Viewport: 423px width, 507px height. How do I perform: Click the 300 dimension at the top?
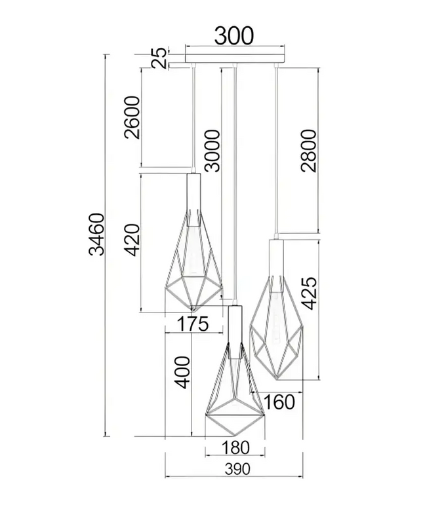click(235, 37)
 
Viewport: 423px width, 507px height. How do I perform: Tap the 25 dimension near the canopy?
click(159, 58)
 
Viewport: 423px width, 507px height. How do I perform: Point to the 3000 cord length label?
click(212, 150)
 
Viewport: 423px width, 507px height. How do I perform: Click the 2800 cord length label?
click(309, 150)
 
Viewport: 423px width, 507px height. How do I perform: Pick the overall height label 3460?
click(96, 234)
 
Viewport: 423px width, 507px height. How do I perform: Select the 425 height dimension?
click(309, 293)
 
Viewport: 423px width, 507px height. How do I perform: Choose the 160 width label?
click(281, 400)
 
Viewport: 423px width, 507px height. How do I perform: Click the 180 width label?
click(235, 448)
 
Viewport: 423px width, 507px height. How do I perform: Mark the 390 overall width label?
click(235, 469)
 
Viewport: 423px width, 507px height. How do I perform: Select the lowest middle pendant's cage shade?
click(235, 400)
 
